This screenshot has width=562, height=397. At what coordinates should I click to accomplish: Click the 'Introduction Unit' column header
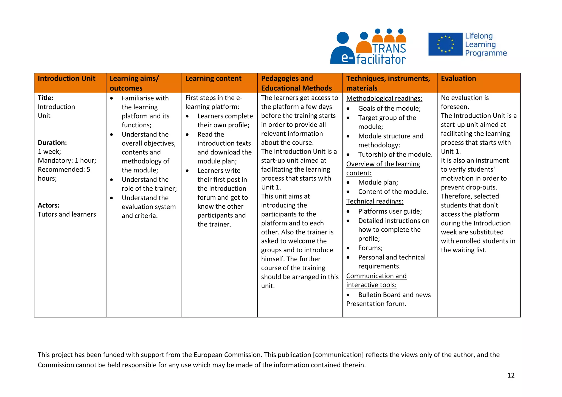66,79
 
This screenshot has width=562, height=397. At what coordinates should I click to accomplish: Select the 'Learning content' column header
213,79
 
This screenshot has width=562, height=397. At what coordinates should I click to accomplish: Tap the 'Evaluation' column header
458,79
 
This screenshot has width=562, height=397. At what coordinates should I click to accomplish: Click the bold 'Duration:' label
52,143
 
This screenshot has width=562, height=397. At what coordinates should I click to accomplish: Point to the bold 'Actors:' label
49,205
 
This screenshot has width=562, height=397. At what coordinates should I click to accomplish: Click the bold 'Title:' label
46,98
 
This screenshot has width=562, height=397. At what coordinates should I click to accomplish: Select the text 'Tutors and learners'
67,214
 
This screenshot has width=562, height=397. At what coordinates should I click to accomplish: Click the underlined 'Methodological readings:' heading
384,98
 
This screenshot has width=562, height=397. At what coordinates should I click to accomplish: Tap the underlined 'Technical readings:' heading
375,202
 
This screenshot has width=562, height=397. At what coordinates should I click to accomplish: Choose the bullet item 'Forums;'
370,248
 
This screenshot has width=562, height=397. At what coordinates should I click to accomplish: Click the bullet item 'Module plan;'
378,183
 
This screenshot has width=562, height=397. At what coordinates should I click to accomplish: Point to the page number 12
511,375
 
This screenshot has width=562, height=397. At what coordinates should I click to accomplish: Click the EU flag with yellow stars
445,44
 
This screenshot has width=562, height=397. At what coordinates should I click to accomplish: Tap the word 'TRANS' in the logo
389,49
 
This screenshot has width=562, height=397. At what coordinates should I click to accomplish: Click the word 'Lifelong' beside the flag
479,36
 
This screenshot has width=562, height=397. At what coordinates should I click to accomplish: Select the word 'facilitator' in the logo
381,59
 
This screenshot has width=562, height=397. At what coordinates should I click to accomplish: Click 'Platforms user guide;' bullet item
390,211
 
